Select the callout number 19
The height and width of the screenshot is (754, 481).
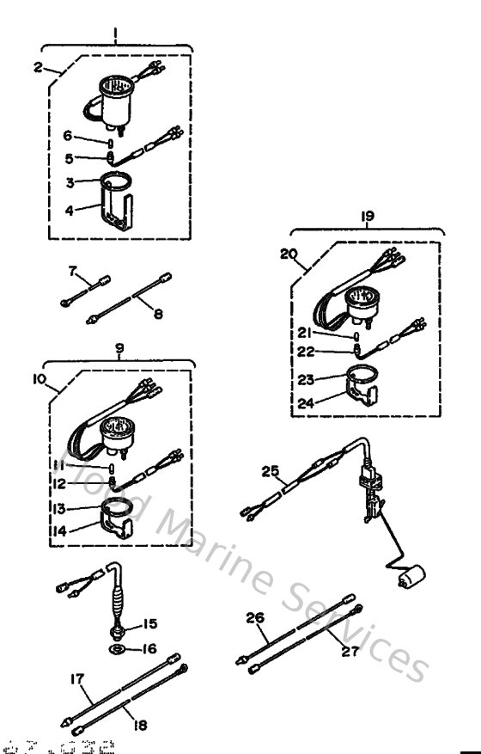click(x=368, y=218)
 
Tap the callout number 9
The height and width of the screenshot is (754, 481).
click(x=119, y=349)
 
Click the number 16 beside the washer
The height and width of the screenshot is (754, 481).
click(x=149, y=650)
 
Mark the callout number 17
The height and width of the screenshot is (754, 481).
click(x=76, y=679)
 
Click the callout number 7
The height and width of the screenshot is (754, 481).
click(x=72, y=273)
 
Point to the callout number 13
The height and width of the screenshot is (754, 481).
click(x=58, y=509)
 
